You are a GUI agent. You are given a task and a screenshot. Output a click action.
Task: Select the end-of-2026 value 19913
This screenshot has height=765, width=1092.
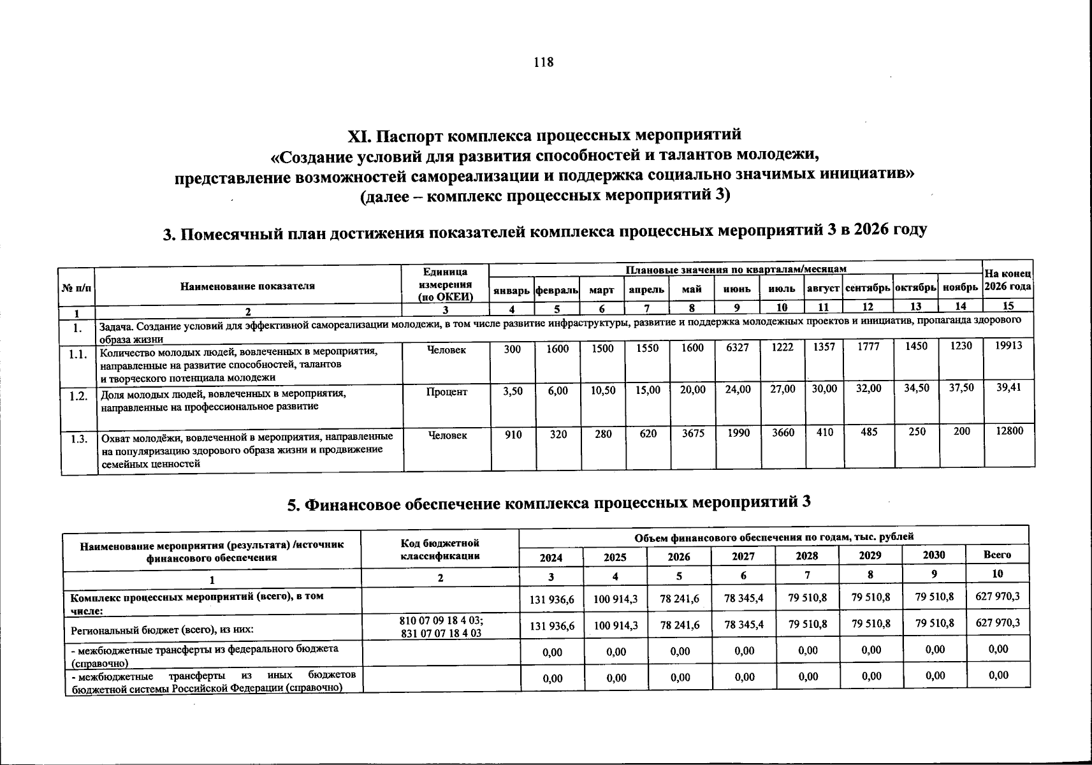pos(1008,345)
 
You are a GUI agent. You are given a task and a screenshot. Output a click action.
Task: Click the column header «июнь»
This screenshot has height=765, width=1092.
pos(737,289)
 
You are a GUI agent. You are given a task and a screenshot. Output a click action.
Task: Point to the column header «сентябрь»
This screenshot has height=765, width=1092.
pos(868,289)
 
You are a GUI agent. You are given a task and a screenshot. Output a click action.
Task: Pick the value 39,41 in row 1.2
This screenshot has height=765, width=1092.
pos(1008,387)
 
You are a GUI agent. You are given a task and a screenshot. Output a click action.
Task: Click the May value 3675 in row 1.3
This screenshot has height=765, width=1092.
pos(692,433)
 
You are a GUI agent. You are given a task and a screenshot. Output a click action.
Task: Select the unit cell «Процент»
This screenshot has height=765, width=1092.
pos(446,391)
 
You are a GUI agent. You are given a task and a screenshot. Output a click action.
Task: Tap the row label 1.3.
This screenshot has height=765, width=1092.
pos(78,439)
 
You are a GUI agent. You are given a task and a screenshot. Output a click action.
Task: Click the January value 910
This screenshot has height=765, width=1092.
pos(513,434)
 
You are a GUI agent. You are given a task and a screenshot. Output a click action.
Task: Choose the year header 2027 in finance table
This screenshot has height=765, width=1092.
pos(743,556)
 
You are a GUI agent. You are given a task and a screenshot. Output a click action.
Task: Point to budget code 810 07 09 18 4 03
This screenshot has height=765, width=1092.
pos(440,621)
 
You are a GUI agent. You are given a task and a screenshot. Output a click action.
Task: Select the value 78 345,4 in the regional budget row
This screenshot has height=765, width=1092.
pos(744,625)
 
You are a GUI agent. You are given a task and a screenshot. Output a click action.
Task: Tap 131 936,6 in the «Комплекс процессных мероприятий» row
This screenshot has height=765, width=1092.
pos(552,600)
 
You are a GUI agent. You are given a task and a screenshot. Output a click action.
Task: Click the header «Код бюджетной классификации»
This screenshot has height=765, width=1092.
pos(440,550)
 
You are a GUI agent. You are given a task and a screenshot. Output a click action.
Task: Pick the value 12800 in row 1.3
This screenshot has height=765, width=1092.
pos(1008,431)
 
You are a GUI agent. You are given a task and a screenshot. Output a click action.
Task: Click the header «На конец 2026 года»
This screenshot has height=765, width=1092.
pos(1008,280)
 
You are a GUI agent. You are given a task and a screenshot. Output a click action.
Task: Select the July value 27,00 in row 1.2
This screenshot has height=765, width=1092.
pos(782,389)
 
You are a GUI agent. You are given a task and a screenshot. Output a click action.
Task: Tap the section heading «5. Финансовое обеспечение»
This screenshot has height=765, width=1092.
pos(548,504)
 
